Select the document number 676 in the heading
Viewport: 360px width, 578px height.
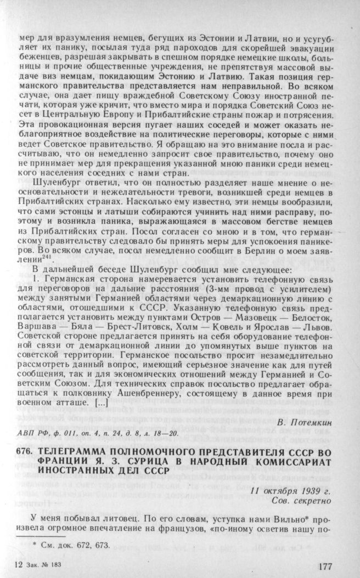click(26, 452)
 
